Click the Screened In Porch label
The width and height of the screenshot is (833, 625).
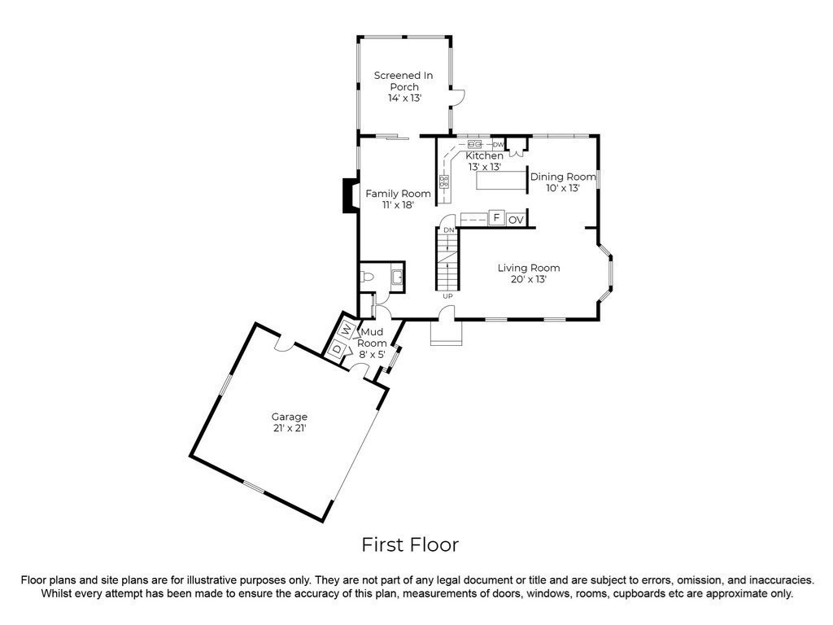click(x=403, y=86)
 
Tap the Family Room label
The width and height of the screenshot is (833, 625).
click(x=398, y=199)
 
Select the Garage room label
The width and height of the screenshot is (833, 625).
click(x=290, y=422)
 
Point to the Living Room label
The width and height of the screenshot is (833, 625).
click(x=529, y=273)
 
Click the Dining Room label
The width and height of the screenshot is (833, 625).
click(x=563, y=181)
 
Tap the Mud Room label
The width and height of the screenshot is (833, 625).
click(x=372, y=343)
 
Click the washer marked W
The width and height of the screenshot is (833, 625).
click(x=346, y=330)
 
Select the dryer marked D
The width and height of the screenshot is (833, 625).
click(x=337, y=349)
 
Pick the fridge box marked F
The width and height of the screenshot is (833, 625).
click(x=496, y=218)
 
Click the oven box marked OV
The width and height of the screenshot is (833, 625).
click(x=516, y=220)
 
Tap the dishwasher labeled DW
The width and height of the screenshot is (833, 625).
click(x=498, y=145)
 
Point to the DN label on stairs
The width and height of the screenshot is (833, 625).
click(x=449, y=230)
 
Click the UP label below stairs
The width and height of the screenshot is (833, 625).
click(x=448, y=296)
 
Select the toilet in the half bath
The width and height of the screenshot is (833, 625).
click(x=367, y=277)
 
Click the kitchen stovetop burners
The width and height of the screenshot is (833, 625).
click(x=444, y=181)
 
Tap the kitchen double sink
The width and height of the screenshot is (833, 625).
click(x=474, y=144)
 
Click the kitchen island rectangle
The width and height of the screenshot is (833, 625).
click(x=500, y=180)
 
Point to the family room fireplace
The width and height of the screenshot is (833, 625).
click(x=351, y=196)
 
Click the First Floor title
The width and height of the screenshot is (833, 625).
click(x=410, y=544)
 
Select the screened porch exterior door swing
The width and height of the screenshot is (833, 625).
click(x=458, y=98)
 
